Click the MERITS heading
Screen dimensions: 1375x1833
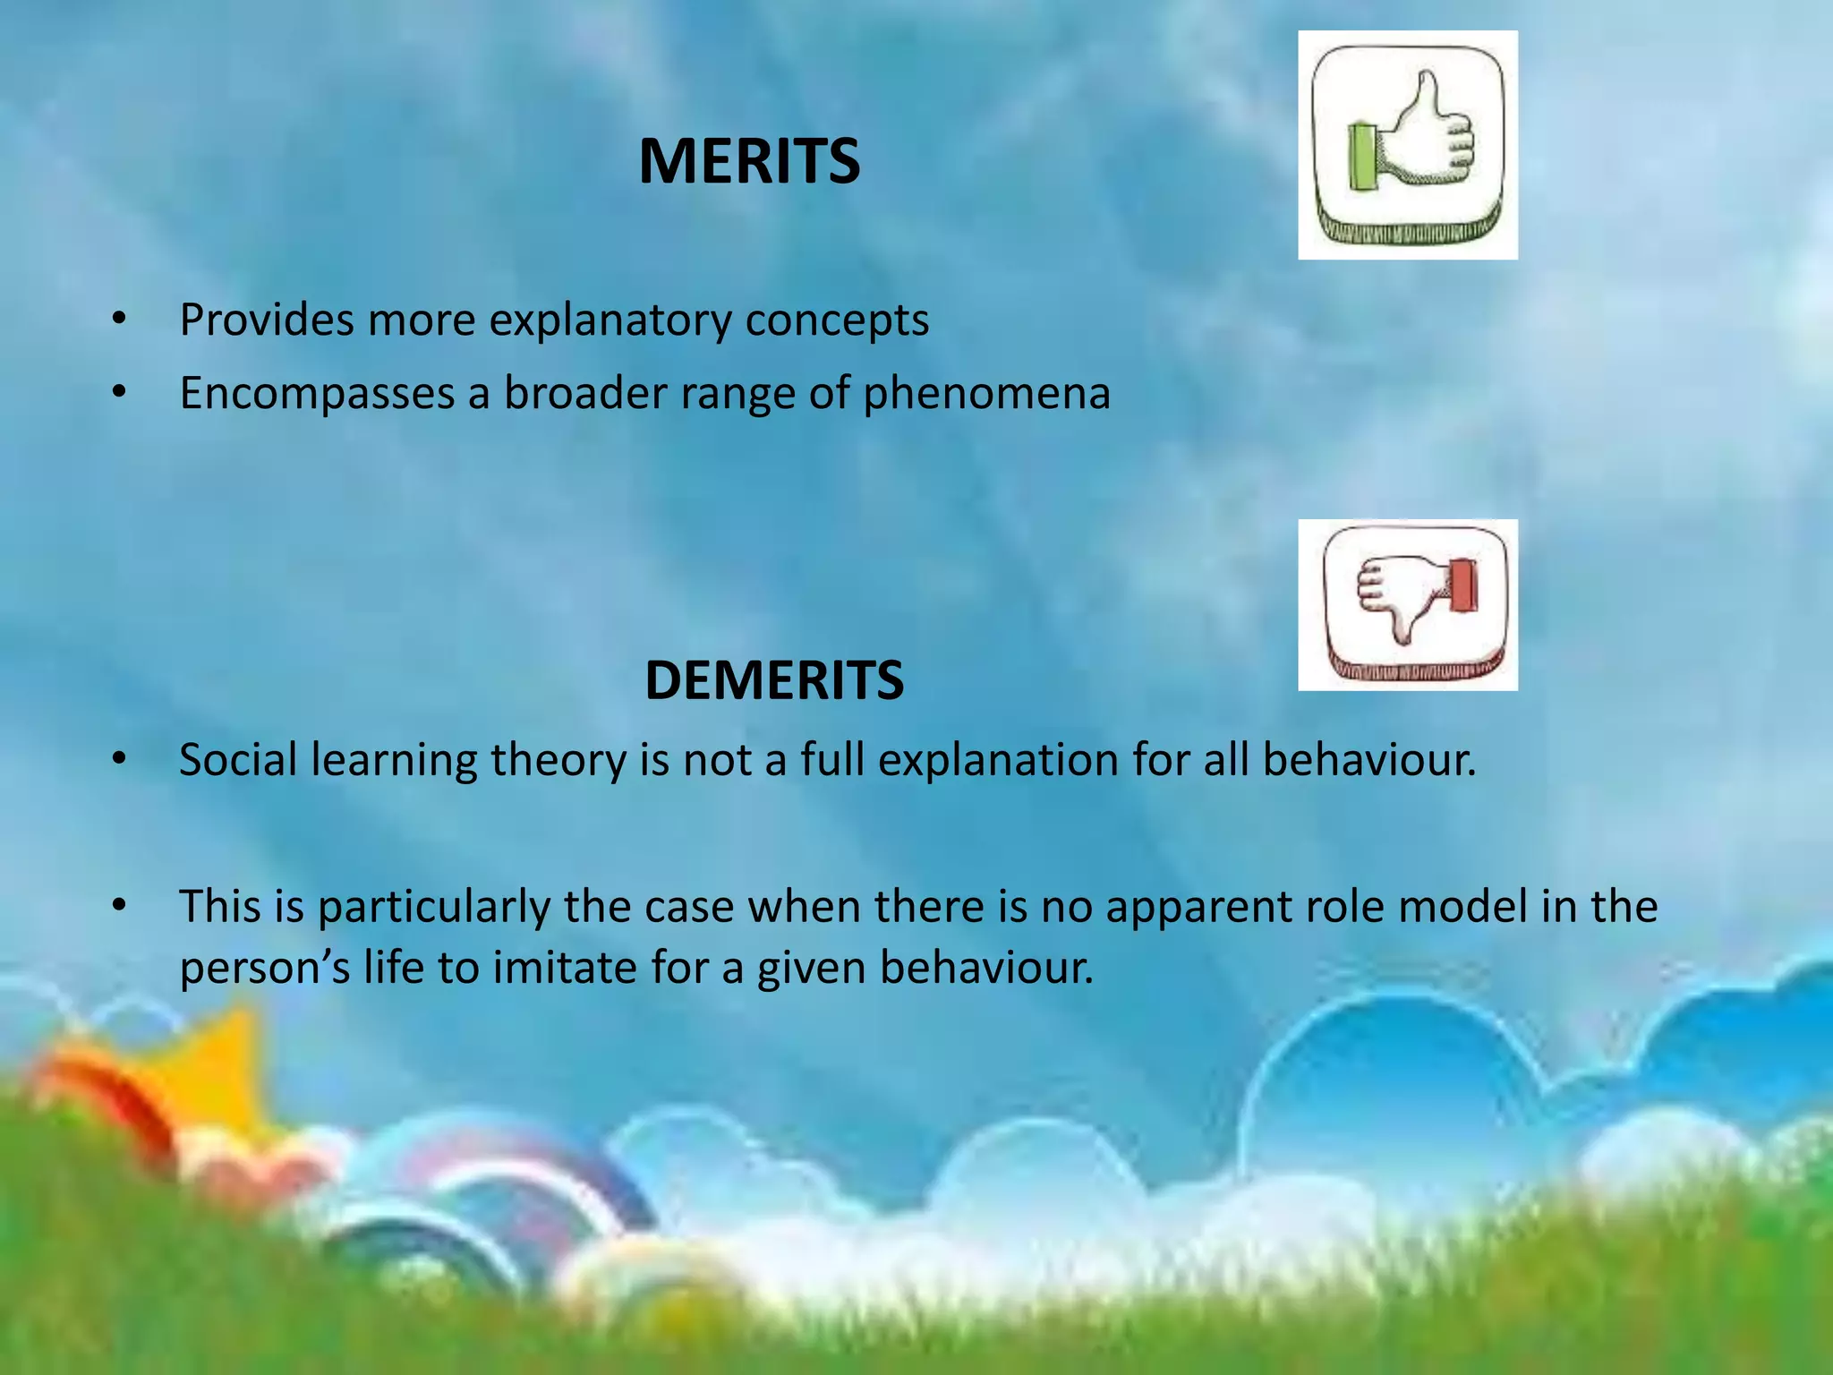coord(749,162)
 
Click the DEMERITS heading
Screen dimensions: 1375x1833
coord(773,680)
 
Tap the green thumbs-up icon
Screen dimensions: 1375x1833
coord(1407,145)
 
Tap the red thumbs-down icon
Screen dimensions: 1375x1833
coord(1407,604)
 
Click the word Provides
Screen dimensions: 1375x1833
coord(266,320)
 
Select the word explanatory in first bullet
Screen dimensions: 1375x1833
coord(610,321)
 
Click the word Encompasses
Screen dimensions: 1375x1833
coord(317,394)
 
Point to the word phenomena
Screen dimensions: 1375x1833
coord(986,394)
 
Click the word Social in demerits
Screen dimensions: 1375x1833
coord(238,760)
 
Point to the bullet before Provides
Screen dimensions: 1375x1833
coord(120,319)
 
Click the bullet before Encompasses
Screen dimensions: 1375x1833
coord(120,392)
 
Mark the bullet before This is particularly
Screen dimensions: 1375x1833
coord(120,906)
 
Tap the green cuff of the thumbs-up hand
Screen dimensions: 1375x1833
coord(1362,158)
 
